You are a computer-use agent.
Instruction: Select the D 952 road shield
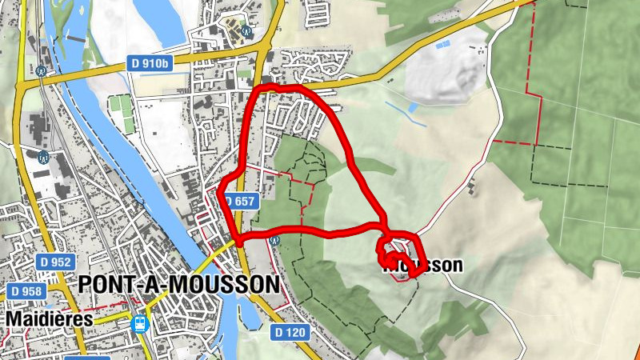(55, 262)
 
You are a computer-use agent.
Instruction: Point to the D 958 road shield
(24, 291)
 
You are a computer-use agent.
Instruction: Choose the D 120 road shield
(290, 331)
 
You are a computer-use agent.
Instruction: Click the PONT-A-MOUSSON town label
(179, 285)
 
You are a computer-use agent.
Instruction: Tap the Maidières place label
(50, 318)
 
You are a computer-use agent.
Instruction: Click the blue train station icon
(141, 324)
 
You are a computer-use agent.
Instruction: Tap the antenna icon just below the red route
(275, 239)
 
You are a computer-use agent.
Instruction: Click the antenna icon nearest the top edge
(246, 32)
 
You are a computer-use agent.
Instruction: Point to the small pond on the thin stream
(412, 107)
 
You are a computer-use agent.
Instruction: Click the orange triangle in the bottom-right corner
(635, 354)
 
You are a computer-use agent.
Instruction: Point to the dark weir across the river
(73, 37)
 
